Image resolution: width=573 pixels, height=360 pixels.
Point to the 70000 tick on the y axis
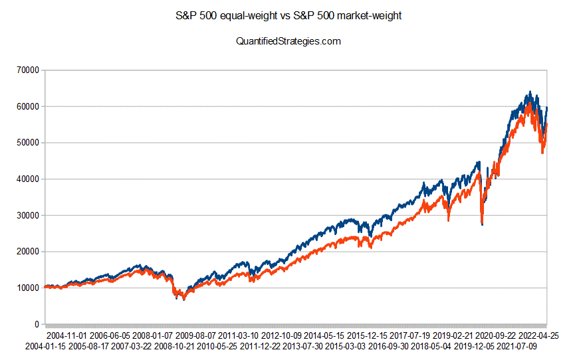(x=26, y=70)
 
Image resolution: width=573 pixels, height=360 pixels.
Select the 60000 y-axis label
(x=26, y=106)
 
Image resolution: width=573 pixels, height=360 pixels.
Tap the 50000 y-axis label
(x=26, y=143)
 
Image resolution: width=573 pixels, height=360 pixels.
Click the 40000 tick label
(x=26, y=179)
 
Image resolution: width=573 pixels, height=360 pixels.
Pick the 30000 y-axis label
(x=26, y=215)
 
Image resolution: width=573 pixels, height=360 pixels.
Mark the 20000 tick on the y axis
(x=26, y=252)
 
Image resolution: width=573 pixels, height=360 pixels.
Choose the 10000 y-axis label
(x=26, y=288)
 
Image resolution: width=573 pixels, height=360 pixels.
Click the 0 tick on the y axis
(x=36, y=324)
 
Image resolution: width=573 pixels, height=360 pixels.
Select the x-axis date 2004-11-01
(x=67, y=336)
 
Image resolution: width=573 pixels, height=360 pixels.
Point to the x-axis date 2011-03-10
(x=239, y=336)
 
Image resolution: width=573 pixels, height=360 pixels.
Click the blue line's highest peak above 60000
(x=530, y=92)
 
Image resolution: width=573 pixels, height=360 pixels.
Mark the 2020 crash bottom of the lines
(x=482, y=225)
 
